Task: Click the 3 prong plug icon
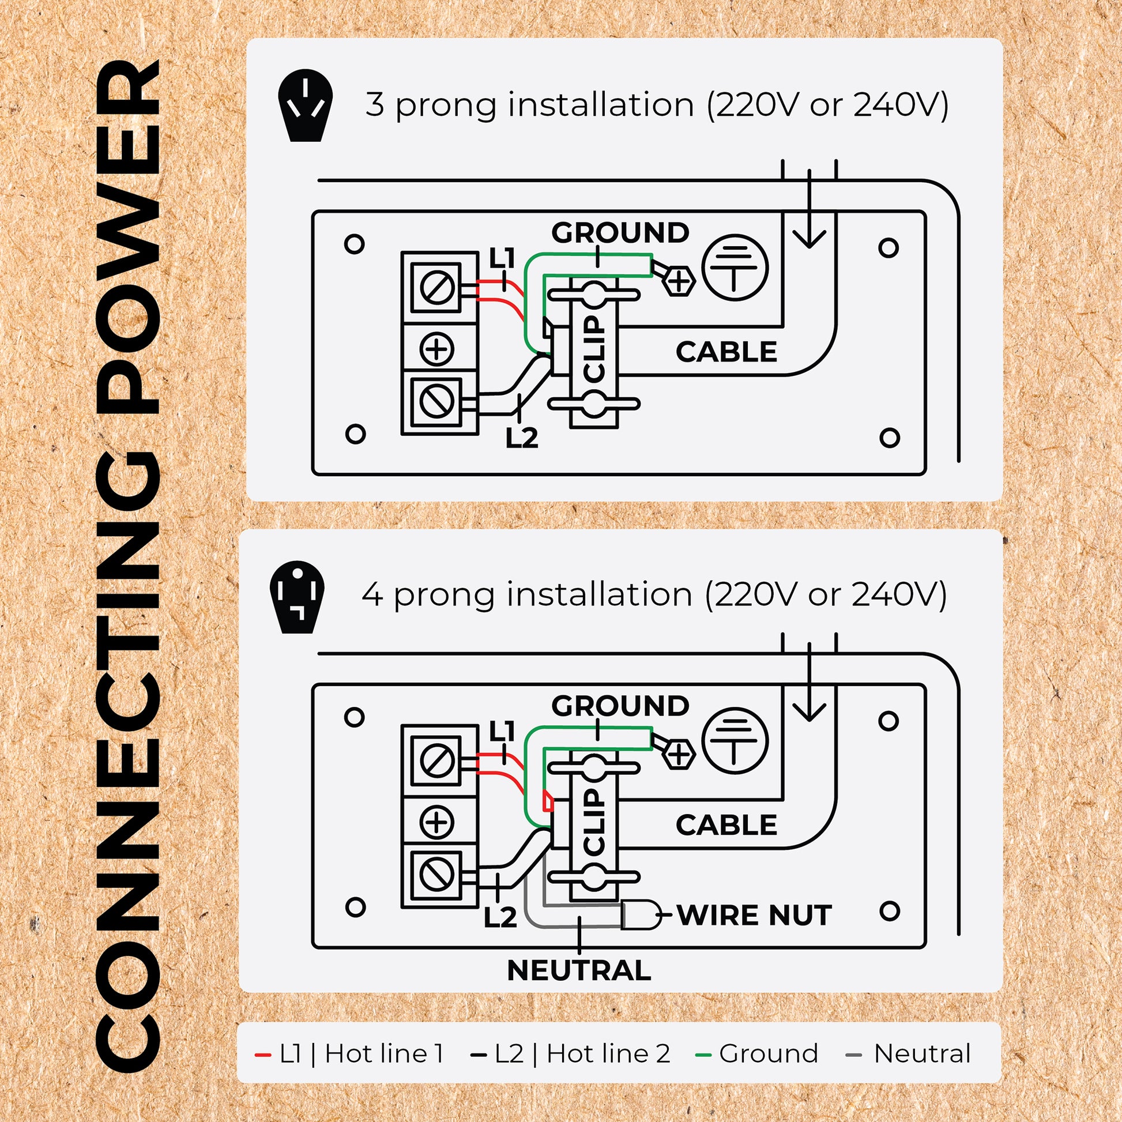pyautogui.click(x=306, y=109)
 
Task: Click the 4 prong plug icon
pyautogui.click(x=297, y=597)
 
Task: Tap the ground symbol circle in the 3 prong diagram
pyautogui.click(x=735, y=268)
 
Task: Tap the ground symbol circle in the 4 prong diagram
pyautogui.click(x=735, y=740)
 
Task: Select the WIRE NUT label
pyautogui.click(x=754, y=916)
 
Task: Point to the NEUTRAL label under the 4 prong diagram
pyautogui.click(x=579, y=970)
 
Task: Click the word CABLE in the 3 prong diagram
pyautogui.click(x=726, y=352)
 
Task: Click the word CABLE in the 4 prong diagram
pyautogui.click(x=726, y=825)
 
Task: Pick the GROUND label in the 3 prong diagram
pyautogui.click(x=620, y=233)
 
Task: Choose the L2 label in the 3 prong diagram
pyautogui.click(x=522, y=438)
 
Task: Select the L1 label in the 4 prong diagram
pyautogui.click(x=502, y=731)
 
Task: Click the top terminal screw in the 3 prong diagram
pyautogui.click(x=436, y=287)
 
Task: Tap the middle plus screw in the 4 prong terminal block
pyautogui.click(x=436, y=822)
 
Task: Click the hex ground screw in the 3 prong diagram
pyautogui.click(x=677, y=282)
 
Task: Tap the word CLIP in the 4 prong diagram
pyautogui.click(x=594, y=822)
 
